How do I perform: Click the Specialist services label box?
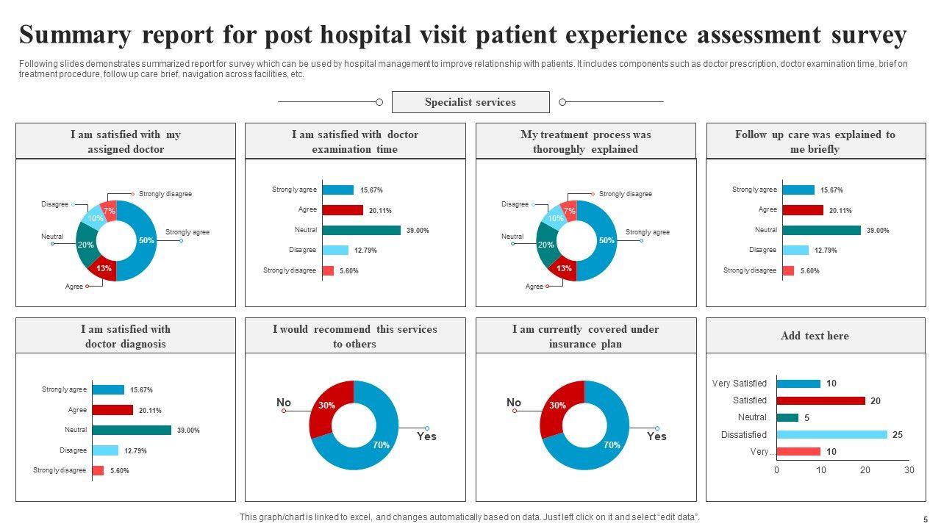pos(470,102)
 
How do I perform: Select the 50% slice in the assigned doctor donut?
pos(146,241)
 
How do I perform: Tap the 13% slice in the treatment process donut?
pos(564,268)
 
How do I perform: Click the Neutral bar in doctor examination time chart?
pos(361,230)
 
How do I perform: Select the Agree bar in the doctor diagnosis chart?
pos(112,410)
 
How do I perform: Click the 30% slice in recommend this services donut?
pos(327,406)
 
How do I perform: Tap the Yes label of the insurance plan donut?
pos(656,436)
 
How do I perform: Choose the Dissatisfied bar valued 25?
pos(831,435)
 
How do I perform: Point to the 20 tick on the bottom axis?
pos(865,470)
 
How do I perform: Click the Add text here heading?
pos(815,336)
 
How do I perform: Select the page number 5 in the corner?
pos(926,519)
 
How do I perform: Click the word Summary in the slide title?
pos(76,35)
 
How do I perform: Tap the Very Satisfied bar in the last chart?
pos(798,384)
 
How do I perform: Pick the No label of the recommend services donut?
pos(284,402)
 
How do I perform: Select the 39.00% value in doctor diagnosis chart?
pos(188,431)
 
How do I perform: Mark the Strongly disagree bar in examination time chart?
pos(328,270)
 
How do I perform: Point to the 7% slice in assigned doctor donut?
pos(110,211)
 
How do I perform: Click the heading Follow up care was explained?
pos(815,141)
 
